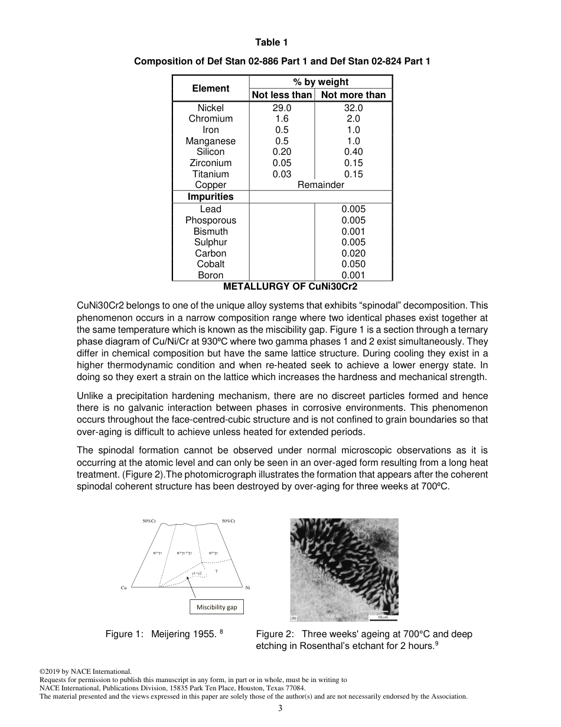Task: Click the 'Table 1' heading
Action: (272, 42)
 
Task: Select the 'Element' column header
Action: (210, 89)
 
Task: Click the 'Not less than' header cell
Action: (282, 95)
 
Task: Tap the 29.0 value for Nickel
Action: (282, 108)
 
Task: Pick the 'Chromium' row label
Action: (210, 119)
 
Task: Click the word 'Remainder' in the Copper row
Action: (320, 185)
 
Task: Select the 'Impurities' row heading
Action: (210, 197)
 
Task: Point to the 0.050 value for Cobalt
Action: (353, 264)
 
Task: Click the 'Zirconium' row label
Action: (210, 163)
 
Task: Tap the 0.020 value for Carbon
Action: (353, 254)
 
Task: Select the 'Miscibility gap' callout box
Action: (216, 607)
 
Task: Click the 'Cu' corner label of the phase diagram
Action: (124, 588)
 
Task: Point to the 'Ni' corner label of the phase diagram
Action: (247, 588)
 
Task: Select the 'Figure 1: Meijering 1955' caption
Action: (164, 634)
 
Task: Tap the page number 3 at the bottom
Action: (280, 709)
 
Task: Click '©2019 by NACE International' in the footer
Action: (85, 671)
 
